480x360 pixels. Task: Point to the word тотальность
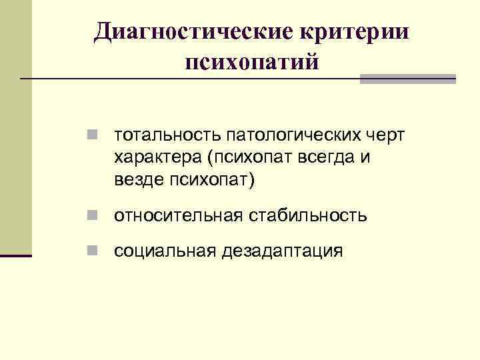click(168, 136)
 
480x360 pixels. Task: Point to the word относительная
click(179, 216)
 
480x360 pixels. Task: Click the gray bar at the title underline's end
click(407, 79)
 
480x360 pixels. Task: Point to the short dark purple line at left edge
click(16, 255)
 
